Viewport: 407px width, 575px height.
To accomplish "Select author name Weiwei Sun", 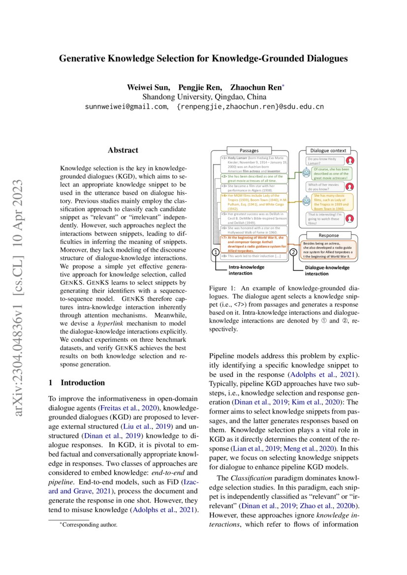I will (149, 88).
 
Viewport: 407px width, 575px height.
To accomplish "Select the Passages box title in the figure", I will (249, 151).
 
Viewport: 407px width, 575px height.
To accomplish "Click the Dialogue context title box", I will (328, 151).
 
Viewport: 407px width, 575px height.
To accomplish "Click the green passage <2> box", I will (252, 178).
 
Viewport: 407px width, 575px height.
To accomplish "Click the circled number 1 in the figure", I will (215, 252).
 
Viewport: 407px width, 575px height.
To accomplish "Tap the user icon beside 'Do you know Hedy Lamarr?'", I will (350, 160).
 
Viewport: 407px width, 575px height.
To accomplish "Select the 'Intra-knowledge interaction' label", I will (247, 270).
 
